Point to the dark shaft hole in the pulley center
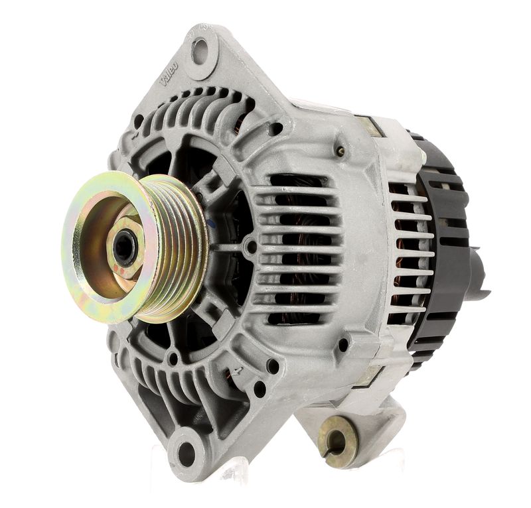pos(124,248)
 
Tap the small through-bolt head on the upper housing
pos(341,151)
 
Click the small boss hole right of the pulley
pos(250,247)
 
